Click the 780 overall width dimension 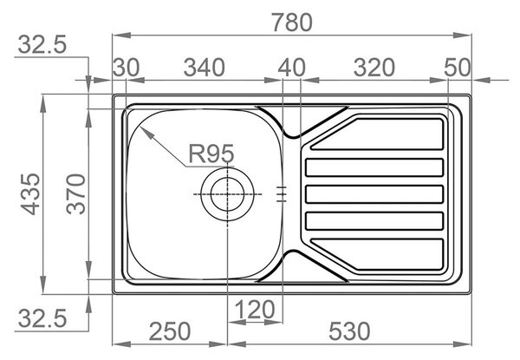292,23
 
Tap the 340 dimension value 205,68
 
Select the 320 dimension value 374,68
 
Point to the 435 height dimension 31,194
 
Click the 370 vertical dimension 76,194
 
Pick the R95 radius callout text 211,154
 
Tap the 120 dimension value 255,310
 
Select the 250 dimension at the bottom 170,331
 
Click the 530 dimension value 349,331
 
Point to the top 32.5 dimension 42,44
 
